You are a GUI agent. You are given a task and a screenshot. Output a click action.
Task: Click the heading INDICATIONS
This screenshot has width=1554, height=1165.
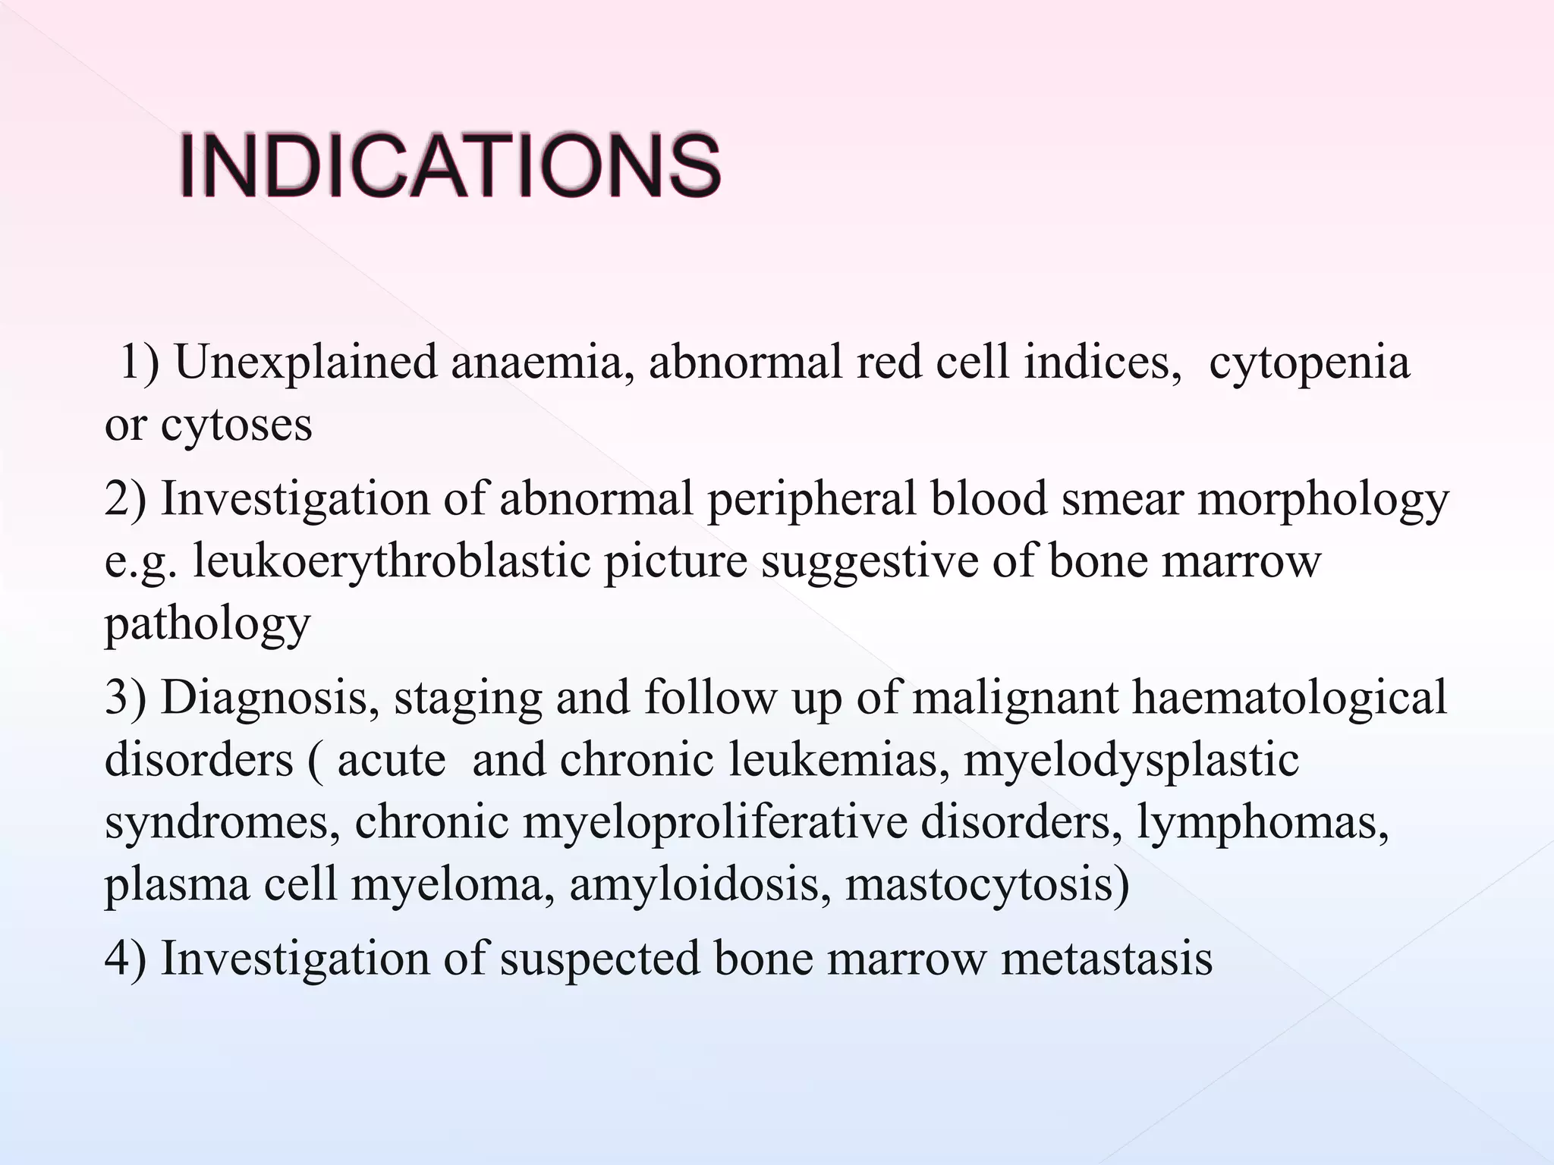click(x=449, y=165)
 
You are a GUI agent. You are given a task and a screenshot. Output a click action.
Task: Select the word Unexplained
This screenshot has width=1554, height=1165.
click(x=306, y=362)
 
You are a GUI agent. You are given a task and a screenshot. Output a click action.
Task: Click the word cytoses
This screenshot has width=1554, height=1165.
click(x=236, y=425)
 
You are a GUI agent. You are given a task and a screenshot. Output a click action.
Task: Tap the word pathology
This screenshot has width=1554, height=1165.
click(x=207, y=624)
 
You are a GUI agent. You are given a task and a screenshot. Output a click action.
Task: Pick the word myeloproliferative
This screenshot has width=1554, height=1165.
click(x=715, y=822)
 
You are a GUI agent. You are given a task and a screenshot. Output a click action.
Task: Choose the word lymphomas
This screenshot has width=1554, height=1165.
click(x=1263, y=822)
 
